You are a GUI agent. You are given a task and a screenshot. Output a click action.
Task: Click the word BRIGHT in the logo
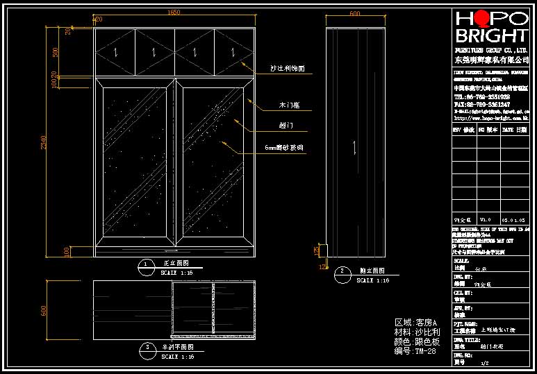[491, 36]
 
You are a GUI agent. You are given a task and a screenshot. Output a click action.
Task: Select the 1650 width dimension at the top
[174, 12]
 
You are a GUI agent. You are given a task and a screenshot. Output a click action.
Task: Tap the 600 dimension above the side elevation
[355, 13]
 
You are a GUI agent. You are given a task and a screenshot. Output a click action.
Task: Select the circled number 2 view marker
[342, 271]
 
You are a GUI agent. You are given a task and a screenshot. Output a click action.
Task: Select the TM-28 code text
[424, 351]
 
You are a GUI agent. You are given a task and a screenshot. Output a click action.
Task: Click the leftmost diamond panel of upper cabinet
[115, 51]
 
